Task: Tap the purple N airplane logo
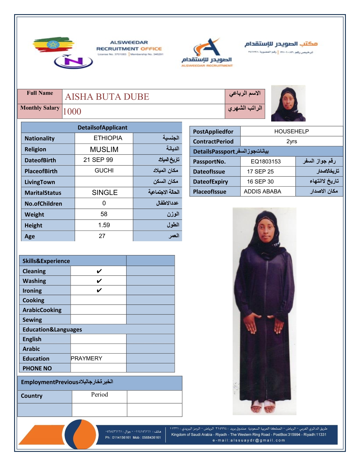(x=74, y=61)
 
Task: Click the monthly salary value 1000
(x=72, y=111)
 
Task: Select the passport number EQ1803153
(x=266, y=162)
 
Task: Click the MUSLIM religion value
(x=104, y=149)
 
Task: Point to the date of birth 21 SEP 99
(x=98, y=160)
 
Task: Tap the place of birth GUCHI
(x=104, y=171)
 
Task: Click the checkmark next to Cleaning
(x=99, y=271)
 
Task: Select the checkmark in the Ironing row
(x=99, y=290)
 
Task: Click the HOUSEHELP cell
(x=291, y=132)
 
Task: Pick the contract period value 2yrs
(x=291, y=142)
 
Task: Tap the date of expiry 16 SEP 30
(x=260, y=182)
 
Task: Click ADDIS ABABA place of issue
(x=262, y=192)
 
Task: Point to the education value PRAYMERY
(x=86, y=358)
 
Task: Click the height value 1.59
(x=104, y=225)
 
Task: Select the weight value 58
(x=104, y=214)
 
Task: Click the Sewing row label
(x=32, y=320)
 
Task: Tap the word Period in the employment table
(x=99, y=395)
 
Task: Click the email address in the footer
(x=249, y=440)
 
